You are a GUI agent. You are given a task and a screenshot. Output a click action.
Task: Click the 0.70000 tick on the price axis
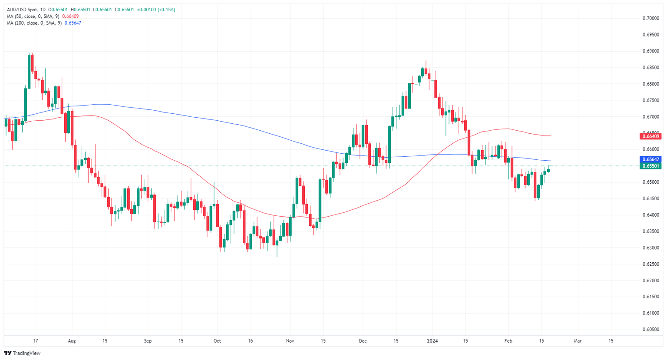point(650,18)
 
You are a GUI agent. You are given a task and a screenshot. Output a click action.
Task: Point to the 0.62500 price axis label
point(650,264)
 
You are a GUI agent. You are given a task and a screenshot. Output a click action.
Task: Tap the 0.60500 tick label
point(650,330)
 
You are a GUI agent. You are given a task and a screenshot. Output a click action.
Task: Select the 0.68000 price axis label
point(650,84)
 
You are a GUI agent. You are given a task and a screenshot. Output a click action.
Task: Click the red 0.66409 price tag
point(650,136)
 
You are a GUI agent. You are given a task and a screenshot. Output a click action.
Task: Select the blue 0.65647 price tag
point(650,160)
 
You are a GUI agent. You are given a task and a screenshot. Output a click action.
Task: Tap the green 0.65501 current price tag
point(650,166)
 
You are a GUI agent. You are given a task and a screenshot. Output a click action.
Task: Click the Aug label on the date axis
point(72,341)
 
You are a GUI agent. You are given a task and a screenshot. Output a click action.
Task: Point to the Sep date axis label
point(148,341)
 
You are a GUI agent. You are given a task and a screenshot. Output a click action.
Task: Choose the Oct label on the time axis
point(217,341)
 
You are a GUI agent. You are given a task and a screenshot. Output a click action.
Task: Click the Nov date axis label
point(290,341)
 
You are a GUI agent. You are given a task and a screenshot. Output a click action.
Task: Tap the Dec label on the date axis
point(363,341)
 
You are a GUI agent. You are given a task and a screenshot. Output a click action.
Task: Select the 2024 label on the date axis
point(432,341)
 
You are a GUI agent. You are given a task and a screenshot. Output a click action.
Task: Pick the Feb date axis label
point(508,341)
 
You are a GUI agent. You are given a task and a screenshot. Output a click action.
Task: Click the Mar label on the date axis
point(578,341)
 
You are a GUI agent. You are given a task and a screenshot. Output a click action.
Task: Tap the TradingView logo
point(22,353)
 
